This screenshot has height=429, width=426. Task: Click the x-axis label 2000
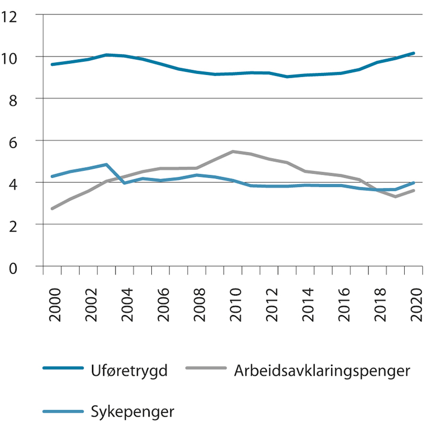(x=55, y=305)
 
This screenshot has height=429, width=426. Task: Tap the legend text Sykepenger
(x=133, y=412)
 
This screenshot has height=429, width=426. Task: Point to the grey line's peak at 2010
(x=233, y=151)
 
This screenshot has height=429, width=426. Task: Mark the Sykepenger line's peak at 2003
(x=106, y=164)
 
